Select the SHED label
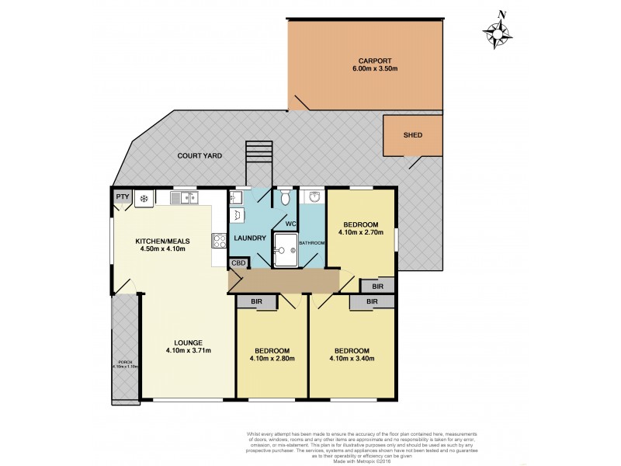pyautogui.click(x=412, y=135)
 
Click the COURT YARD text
pyautogui.click(x=199, y=156)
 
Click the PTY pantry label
pyautogui.click(x=122, y=198)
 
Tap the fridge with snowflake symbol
pyautogui.click(x=143, y=199)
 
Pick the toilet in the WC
pyautogui.click(x=285, y=198)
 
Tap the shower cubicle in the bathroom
pyautogui.click(x=285, y=247)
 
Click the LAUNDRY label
pyautogui.click(x=249, y=238)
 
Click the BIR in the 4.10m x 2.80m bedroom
pyautogui.click(x=255, y=301)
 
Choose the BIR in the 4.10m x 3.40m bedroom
pyautogui.click(x=372, y=301)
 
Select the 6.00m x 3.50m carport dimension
pyautogui.click(x=373, y=69)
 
